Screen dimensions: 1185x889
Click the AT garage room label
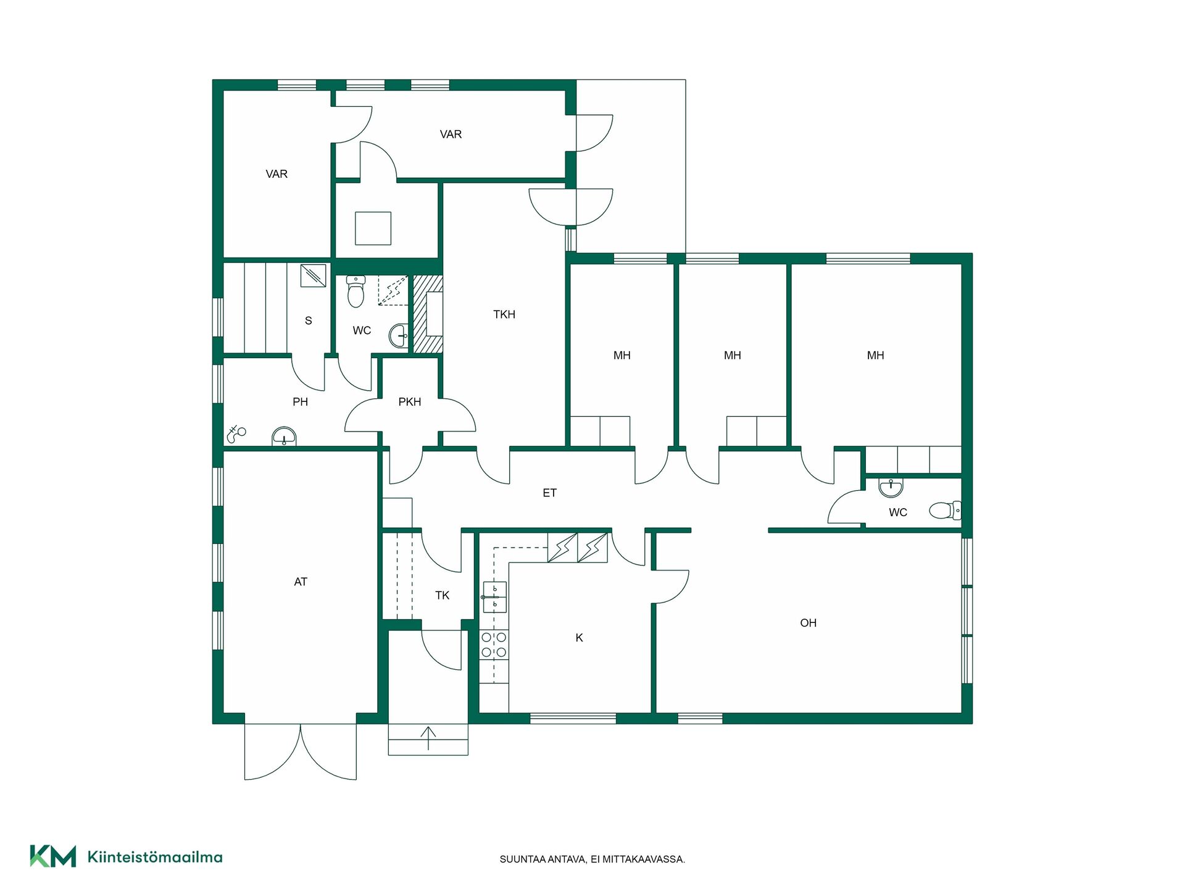coord(301,582)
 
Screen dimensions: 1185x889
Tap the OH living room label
coord(808,623)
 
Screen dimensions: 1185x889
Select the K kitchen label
coord(579,638)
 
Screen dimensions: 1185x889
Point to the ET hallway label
coord(549,493)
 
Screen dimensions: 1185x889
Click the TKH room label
coord(504,314)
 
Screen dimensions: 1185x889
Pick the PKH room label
coord(410,402)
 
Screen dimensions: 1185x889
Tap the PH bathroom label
coord(300,402)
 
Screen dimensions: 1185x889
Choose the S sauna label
coord(309,320)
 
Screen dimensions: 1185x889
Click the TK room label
coord(442,595)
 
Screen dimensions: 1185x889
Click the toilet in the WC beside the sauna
coord(356,291)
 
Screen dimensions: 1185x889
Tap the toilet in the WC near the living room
coord(945,511)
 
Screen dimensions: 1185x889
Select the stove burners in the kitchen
coord(494,645)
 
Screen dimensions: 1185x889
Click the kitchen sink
coord(494,597)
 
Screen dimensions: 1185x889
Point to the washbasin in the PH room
coord(284,436)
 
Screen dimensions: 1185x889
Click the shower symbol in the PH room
coord(236,433)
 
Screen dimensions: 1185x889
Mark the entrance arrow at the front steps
coord(428,738)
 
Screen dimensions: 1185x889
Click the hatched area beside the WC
coord(427,314)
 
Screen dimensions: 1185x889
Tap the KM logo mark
coord(53,856)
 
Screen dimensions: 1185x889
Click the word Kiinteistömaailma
coord(155,857)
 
